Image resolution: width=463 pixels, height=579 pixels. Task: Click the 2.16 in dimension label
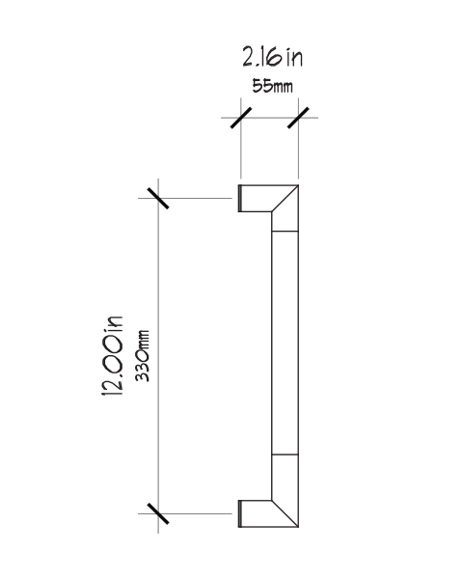272,57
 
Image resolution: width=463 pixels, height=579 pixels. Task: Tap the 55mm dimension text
272,86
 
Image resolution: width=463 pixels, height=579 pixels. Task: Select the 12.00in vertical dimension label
112,356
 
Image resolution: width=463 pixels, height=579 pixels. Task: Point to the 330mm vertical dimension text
142,355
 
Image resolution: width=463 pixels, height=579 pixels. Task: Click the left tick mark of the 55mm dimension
241,118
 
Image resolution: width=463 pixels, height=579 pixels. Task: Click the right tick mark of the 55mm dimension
298,118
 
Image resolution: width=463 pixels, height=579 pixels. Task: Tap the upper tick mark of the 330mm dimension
158,198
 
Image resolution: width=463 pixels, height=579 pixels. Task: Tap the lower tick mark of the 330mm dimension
158,513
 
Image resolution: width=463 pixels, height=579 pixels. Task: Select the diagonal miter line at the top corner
286,198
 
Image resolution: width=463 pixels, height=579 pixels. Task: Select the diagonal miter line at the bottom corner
286,513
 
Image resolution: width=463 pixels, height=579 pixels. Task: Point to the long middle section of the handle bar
286,343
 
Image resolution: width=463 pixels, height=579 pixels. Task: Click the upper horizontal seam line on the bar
286,232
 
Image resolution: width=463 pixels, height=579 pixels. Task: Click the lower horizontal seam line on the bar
286,455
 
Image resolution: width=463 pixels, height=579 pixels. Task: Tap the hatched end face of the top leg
240,198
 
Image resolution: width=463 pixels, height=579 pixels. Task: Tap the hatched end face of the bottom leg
240,513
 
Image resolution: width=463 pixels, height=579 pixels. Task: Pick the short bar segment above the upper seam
286,221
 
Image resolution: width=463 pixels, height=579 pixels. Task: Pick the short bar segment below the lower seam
286,478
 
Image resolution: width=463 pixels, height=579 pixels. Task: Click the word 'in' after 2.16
294,58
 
